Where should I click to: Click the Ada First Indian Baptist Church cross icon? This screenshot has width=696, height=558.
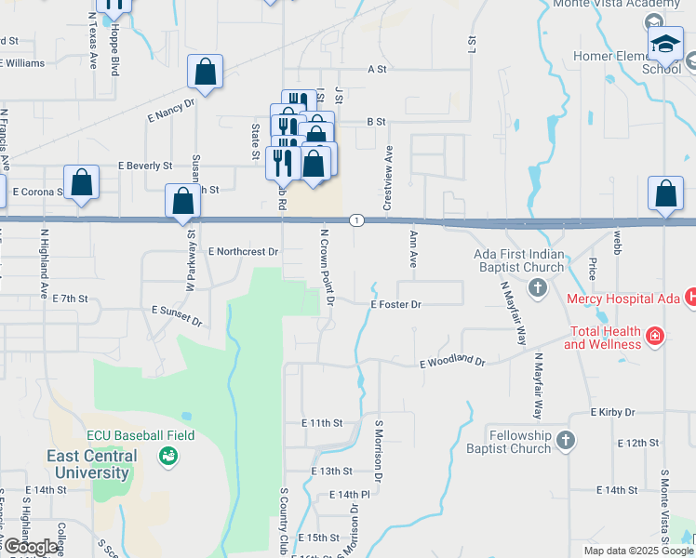(537, 288)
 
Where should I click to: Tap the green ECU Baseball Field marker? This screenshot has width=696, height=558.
(168, 455)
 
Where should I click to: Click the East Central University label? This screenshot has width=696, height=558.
(92, 464)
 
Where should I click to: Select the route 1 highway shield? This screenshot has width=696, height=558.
(356, 219)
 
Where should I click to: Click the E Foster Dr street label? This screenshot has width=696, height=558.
(395, 304)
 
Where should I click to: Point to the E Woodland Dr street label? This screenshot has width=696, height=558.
(452, 362)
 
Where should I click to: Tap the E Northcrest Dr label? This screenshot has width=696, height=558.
(244, 251)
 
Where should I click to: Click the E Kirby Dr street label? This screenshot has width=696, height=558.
(612, 412)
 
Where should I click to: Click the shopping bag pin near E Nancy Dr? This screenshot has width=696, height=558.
(205, 72)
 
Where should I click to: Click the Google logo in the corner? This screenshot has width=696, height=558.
(31, 547)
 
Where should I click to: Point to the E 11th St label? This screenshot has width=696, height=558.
(322, 422)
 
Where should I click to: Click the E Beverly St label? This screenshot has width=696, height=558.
(146, 166)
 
